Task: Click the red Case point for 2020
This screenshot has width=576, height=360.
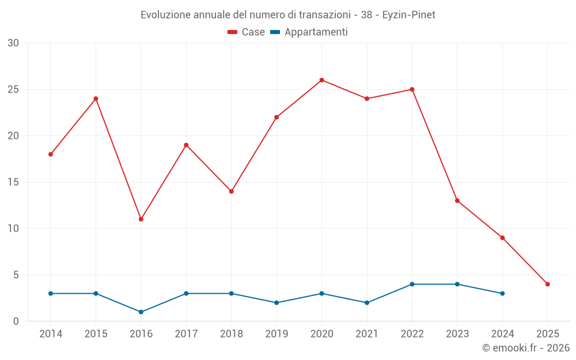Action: [x=322, y=80]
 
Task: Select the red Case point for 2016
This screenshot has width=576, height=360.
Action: [x=141, y=219]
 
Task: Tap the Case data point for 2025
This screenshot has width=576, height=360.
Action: [x=548, y=284]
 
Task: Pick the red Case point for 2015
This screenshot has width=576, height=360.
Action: [x=96, y=98]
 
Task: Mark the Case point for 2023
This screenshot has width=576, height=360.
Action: [x=457, y=200]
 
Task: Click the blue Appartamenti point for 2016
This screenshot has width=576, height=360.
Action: [x=141, y=312]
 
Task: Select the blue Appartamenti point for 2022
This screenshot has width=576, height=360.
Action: [x=412, y=284]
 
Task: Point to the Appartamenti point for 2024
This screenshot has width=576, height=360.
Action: [x=502, y=293]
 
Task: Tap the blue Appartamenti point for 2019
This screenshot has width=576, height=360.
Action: [x=276, y=303]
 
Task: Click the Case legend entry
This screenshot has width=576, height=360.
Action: [x=247, y=32]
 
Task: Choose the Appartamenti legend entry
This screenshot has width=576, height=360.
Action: [x=309, y=32]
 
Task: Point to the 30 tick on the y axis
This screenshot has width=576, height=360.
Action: [x=13, y=43]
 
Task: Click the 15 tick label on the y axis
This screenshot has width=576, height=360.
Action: [x=13, y=183]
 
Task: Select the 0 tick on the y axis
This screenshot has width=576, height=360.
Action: [x=16, y=321]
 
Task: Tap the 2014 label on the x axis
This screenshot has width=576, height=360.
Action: [x=51, y=334]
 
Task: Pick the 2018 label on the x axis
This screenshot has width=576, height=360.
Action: [x=232, y=334]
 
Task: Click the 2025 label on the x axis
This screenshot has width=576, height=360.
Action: [x=548, y=334]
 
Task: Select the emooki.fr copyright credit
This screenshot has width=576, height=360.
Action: [x=526, y=348]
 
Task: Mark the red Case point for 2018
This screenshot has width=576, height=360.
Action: [x=232, y=191]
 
